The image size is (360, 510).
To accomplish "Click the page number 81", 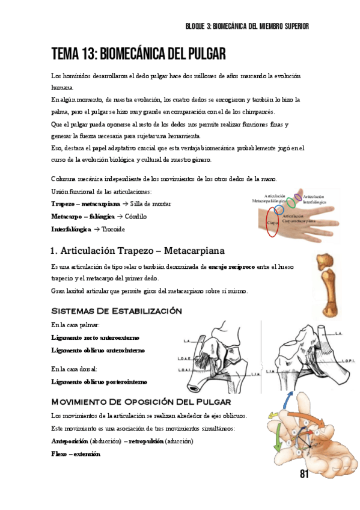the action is [x=304, y=475].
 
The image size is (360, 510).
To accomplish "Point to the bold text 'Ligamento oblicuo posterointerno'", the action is [x=99, y=382].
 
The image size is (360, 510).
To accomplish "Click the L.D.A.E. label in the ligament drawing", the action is [x=185, y=359].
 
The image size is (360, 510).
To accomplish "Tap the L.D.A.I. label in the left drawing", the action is [x=185, y=370].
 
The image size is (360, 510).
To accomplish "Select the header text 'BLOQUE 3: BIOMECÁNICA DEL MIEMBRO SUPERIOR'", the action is [x=248, y=26].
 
